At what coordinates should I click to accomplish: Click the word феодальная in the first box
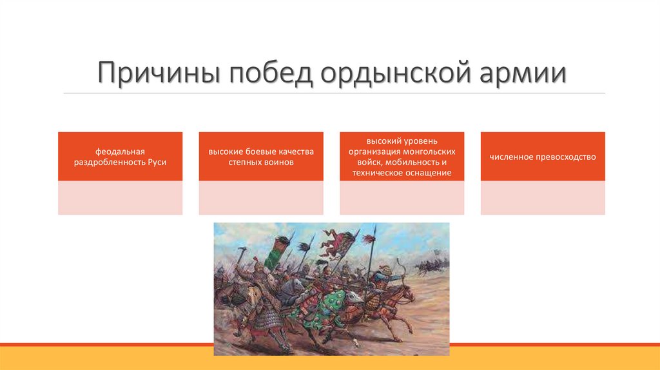coord(120,151)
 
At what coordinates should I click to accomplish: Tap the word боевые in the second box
coord(261,151)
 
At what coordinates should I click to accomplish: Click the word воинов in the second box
coord(278,162)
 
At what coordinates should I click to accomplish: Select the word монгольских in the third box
coord(429,151)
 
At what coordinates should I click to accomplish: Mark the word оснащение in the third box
coord(429,173)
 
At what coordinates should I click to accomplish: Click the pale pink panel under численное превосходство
coord(543,198)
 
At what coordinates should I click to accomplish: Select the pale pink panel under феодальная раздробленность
coord(120,198)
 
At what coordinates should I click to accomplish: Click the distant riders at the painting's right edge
coord(429,265)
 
